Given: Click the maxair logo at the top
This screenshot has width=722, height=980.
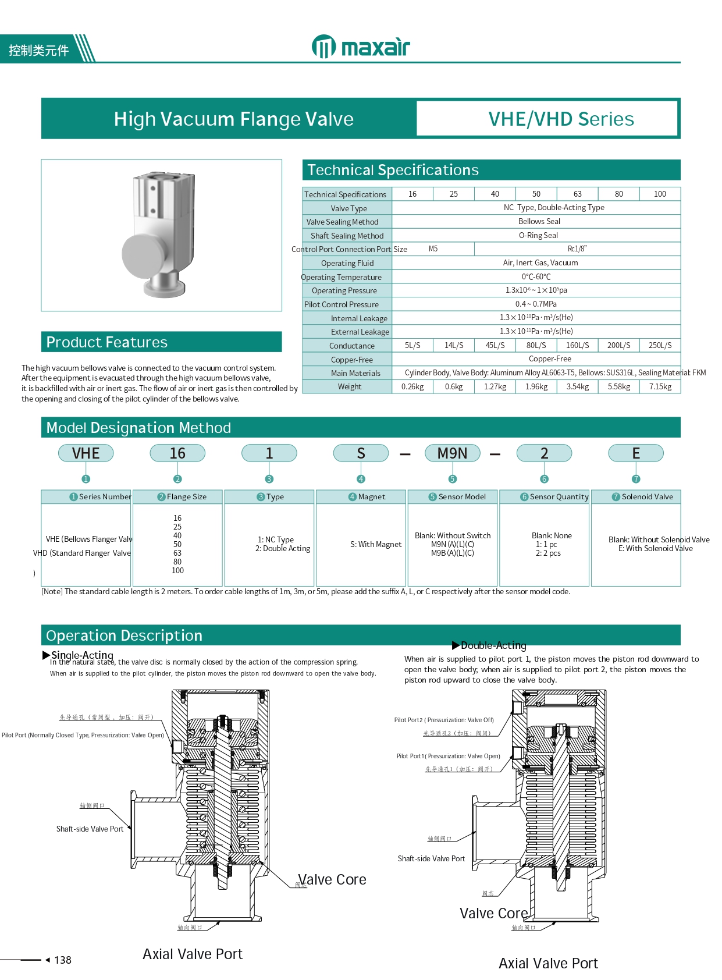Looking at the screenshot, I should [361, 47].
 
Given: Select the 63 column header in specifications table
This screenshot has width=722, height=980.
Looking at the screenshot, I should [577, 194].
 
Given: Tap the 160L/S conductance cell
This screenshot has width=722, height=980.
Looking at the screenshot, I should [577, 345].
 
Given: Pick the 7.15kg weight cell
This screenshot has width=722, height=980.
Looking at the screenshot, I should [660, 386].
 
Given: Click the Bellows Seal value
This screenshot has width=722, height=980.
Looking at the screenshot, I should [539, 221].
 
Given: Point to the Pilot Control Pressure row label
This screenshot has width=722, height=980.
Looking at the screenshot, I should [342, 304].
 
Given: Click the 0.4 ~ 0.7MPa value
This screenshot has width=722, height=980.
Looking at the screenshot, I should [536, 304].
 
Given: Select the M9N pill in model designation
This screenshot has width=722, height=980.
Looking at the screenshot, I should [452, 453].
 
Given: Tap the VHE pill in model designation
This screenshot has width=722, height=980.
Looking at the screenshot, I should [86, 453].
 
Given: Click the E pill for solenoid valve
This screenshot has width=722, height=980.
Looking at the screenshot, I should [635, 453].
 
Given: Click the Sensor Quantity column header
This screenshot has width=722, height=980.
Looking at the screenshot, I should [554, 496].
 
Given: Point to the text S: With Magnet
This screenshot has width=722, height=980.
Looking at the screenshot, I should [376, 544].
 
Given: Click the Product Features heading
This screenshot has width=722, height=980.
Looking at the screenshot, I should [107, 342].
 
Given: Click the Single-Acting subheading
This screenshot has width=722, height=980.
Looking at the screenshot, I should [82, 655].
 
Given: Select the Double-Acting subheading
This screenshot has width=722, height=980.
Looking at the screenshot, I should [493, 645].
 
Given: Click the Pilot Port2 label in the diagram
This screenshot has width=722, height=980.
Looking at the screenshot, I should [444, 720].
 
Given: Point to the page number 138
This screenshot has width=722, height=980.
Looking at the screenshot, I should [62, 960].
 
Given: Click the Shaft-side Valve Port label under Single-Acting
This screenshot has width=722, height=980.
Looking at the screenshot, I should [90, 829].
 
